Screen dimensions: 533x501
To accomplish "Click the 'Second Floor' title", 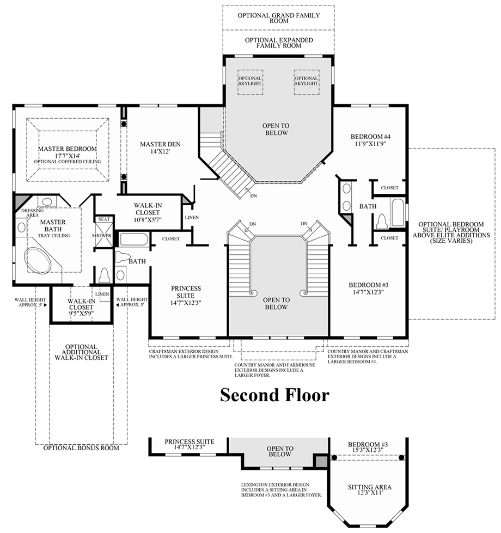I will coord(274,395).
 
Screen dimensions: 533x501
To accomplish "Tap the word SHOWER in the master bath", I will coord(102,236).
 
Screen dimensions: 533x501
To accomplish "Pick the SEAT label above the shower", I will coord(103,219).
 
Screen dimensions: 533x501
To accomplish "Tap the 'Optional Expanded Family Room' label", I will coord(278,43).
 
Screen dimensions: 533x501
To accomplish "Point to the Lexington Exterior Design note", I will coord(282,489).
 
